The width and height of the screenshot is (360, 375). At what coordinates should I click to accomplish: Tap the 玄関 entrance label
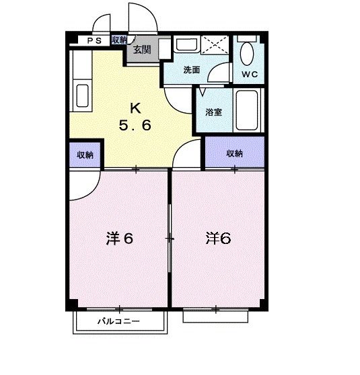tap(141, 49)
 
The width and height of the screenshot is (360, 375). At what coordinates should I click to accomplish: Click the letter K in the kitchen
tap(135, 108)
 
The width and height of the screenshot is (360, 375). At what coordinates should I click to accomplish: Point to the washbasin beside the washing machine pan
tap(183, 46)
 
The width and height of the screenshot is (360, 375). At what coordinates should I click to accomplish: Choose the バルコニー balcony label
tap(118, 322)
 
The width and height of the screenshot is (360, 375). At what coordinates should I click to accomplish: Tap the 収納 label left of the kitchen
tap(85, 155)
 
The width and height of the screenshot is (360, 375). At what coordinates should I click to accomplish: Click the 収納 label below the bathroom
tap(234, 153)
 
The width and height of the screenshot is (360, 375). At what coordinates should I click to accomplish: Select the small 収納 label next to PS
tap(120, 40)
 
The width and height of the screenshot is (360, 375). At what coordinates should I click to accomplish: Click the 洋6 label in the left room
tap(118, 239)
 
